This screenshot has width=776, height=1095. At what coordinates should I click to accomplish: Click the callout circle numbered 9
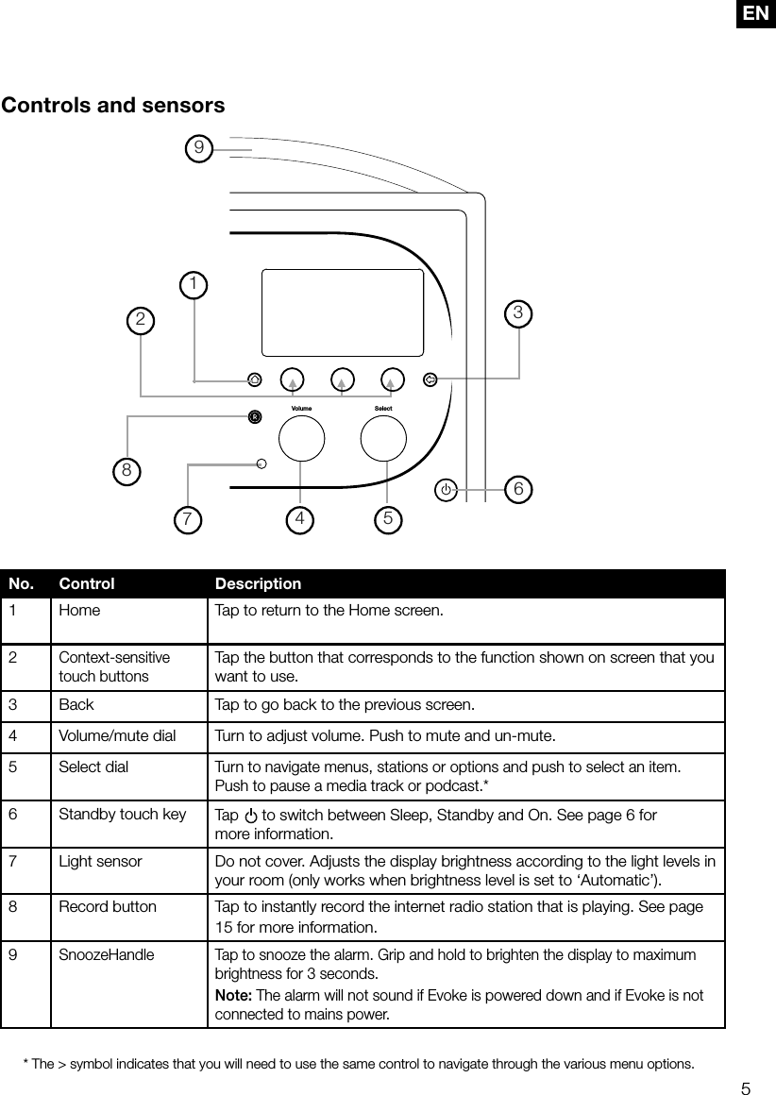pos(198,147)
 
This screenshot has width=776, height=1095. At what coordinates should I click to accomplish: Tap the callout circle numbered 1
pos(194,284)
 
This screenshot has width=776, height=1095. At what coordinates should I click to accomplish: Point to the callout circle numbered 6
pos(518,489)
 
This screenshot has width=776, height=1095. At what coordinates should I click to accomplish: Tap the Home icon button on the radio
pos(254,379)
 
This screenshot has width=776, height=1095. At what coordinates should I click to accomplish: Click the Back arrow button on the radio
pos(430,379)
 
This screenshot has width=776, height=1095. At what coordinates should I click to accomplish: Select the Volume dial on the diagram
pos(301,438)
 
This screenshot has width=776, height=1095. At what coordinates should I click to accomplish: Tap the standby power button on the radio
pos(447,490)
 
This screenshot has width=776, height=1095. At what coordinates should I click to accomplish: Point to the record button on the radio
pos(254,416)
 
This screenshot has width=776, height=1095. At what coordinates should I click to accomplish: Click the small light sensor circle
pos(261,463)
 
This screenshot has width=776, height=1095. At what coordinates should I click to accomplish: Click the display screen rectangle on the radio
pos(342,312)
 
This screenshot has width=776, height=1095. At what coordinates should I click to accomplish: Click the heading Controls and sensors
pos(113,105)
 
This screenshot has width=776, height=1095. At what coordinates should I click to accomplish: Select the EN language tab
pos(755,13)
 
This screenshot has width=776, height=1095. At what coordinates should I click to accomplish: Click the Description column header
pos(258,583)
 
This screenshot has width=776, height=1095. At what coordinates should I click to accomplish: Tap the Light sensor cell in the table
pos(100,861)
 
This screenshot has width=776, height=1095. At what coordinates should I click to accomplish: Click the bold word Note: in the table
pos(233,996)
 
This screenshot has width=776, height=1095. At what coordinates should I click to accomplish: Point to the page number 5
pos(746,1088)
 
